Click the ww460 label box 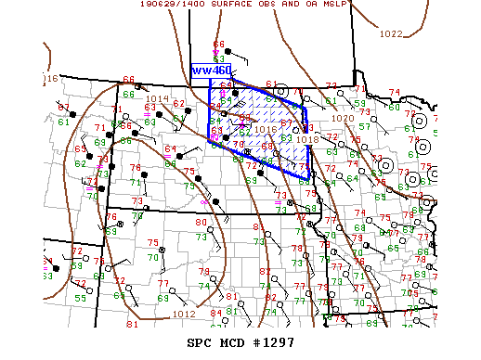pyautogui.click(x=211, y=71)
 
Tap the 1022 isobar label pyautogui.click(x=391, y=33)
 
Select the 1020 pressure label pyautogui.click(x=343, y=119)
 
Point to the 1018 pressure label pyautogui.click(x=307, y=138)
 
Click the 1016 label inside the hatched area pyautogui.click(x=263, y=130)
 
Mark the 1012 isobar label pyautogui.click(x=184, y=315)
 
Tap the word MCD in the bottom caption pyautogui.click(x=231, y=343)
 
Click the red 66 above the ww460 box pyautogui.click(x=218, y=45)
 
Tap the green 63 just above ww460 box pyautogui.click(x=218, y=59)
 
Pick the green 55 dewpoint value pyautogui.click(x=80, y=298)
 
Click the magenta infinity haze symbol pyautogui.click(x=205, y=201)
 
